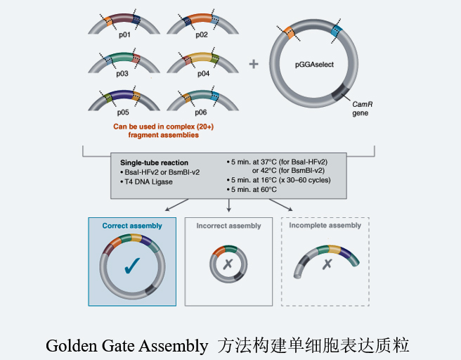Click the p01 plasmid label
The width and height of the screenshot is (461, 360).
[x=124, y=33]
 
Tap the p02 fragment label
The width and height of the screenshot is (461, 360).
[x=202, y=33]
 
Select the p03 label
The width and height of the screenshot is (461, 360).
[x=124, y=72]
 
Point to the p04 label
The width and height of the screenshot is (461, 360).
[x=202, y=72]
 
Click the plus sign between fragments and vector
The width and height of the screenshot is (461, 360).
[x=254, y=64]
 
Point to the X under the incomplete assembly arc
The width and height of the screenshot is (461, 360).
[x=327, y=265]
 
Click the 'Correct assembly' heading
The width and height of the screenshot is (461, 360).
[x=132, y=226]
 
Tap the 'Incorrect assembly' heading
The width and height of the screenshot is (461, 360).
[x=228, y=226]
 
